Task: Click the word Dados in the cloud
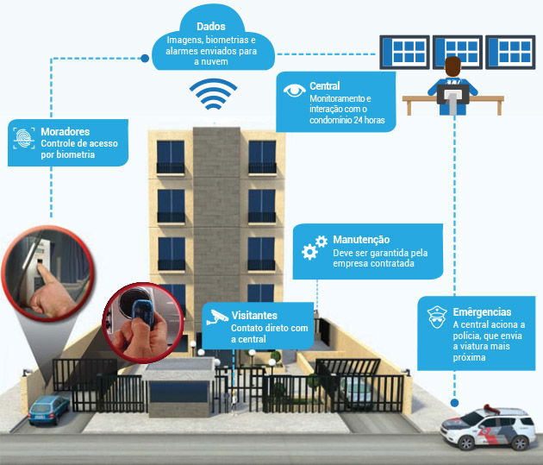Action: (211, 27)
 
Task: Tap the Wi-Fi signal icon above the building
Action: (214, 93)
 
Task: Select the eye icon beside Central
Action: (295, 90)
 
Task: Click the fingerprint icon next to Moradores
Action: (24, 138)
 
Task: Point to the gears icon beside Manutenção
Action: (315, 248)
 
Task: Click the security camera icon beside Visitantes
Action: (217, 317)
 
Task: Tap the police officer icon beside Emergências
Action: (437, 317)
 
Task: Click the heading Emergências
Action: (482, 311)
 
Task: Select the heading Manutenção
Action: (361, 240)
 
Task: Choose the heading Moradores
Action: (66, 132)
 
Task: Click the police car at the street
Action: (489, 427)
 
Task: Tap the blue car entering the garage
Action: (48, 411)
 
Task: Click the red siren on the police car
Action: (491, 409)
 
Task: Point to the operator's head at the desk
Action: (452, 67)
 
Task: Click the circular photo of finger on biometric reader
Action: (47, 273)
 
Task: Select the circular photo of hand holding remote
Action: (142, 323)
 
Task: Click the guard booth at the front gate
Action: (178, 387)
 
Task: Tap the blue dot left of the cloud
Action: (145, 58)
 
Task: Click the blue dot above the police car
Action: (455, 403)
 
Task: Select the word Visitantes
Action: (254, 315)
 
